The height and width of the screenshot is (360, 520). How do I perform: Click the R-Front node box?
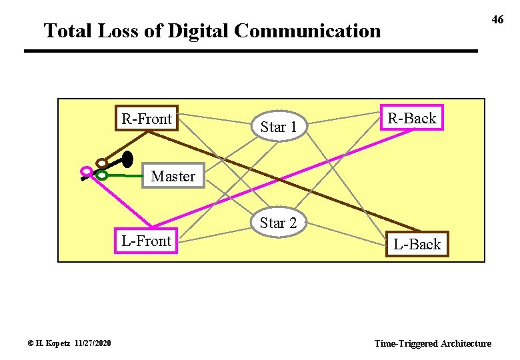[x=147, y=119]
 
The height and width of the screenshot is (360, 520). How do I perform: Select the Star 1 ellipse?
[x=278, y=126]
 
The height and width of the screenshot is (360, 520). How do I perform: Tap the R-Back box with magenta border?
[x=411, y=118]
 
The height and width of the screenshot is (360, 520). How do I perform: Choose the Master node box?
[x=173, y=177]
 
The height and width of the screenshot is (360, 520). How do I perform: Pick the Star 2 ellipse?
[x=278, y=223]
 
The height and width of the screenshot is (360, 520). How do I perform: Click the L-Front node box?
[x=147, y=241]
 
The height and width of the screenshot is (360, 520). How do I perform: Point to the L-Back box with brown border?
[x=417, y=244]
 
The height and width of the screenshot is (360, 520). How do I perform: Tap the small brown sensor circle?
[x=101, y=163]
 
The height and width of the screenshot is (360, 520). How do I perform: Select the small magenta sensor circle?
[x=85, y=171]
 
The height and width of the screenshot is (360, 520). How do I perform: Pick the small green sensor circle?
[x=101, y=175]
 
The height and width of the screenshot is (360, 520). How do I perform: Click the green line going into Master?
[x=127, y=177]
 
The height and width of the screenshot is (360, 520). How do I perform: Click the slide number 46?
[x=497, y=20]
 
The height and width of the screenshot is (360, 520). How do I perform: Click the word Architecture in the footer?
[x=465, y=343]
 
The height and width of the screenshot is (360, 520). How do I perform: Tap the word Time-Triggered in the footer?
[x=405, y=343]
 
